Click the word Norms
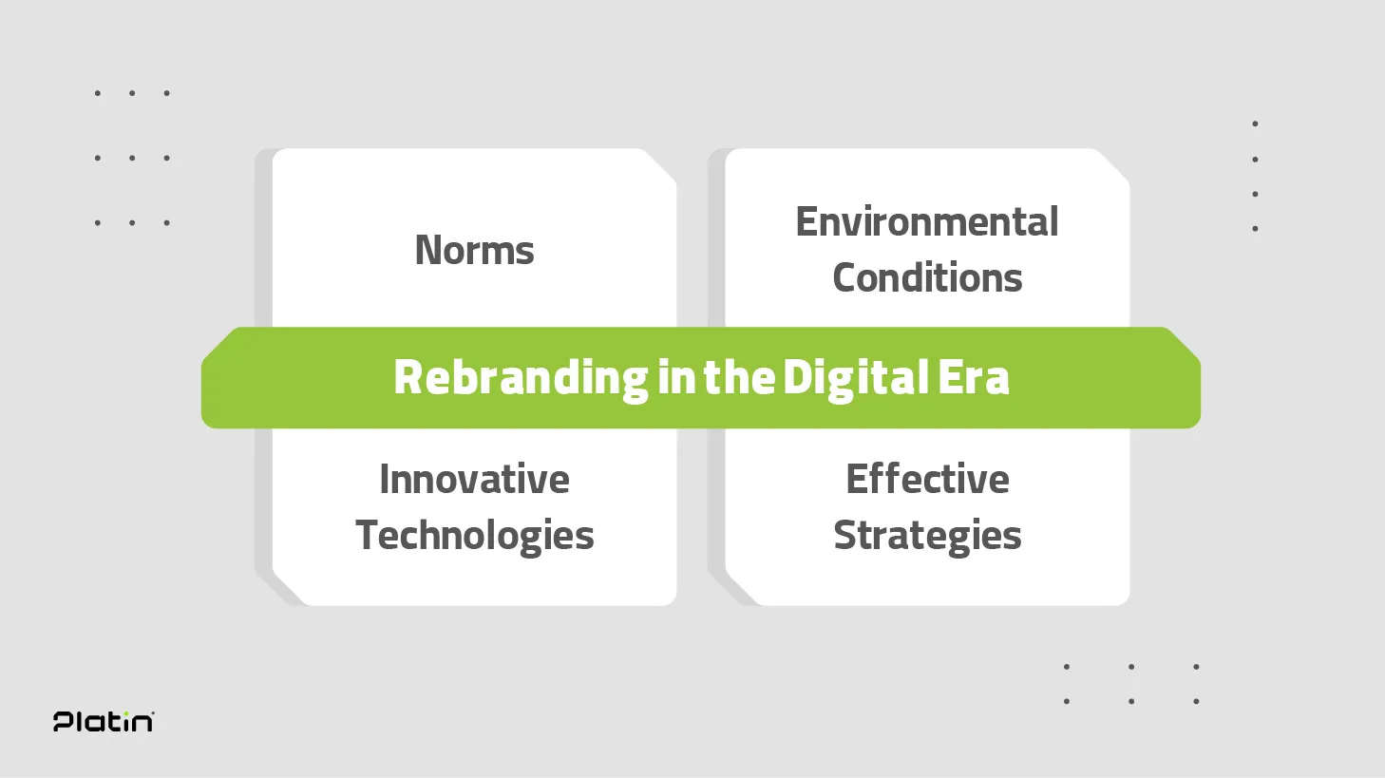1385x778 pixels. coord(474,251)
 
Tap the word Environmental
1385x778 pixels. coord(927,221)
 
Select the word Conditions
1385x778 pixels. coord(927,277)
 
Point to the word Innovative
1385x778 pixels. coord(474,479)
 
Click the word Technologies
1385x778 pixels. coord(474,536)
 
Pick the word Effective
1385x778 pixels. coord(927,479)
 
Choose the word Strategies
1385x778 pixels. coord(927,536)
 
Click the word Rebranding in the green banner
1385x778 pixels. coord(521,378)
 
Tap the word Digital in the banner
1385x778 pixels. coord(856,378)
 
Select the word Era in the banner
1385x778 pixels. coord(974,377)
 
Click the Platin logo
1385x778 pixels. coord(104,721)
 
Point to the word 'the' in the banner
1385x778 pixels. coord(739,377)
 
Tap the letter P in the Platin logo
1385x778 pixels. coord(63,722)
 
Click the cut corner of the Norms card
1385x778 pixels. coord(661,164)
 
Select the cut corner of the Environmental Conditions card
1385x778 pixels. coord(1114,164)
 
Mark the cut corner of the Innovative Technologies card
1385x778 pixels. coord(288,590)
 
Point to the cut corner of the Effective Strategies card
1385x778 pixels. coord(741,590)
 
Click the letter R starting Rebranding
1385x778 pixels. coord(408,377)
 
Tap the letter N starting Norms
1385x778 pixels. coord(428,251)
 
